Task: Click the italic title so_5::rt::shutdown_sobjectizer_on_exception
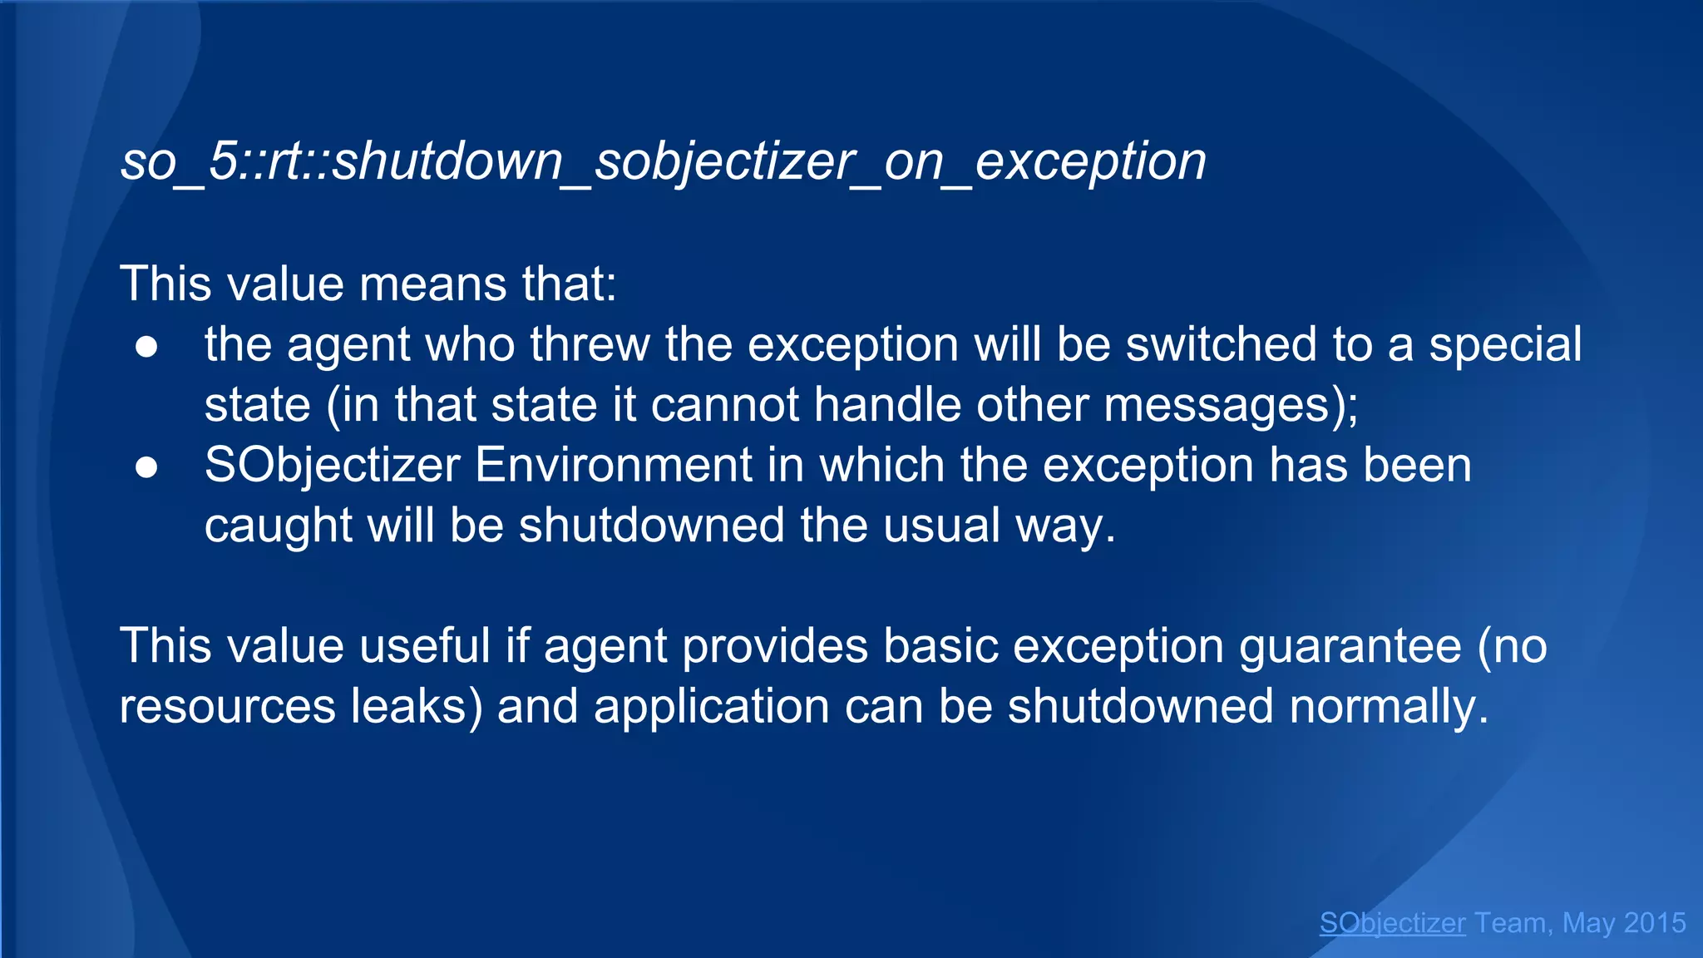click(x=663, y=161)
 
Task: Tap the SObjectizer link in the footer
click(x=1392, y=923)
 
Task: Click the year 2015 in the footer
click(x=1654, y=923)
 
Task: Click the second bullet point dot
click(x=146, y=467)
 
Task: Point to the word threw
click(x=590, y=344)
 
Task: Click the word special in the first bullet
click(x=1504, y=344)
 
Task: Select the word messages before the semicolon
click(x=1217, y=405)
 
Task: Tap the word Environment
click(x=613, y=465)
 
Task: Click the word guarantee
click(x=1350, y=646)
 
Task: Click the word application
click(x=711, y=707)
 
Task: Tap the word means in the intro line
click(x=432, y=284)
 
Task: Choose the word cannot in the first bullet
click(x=723, y=405)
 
